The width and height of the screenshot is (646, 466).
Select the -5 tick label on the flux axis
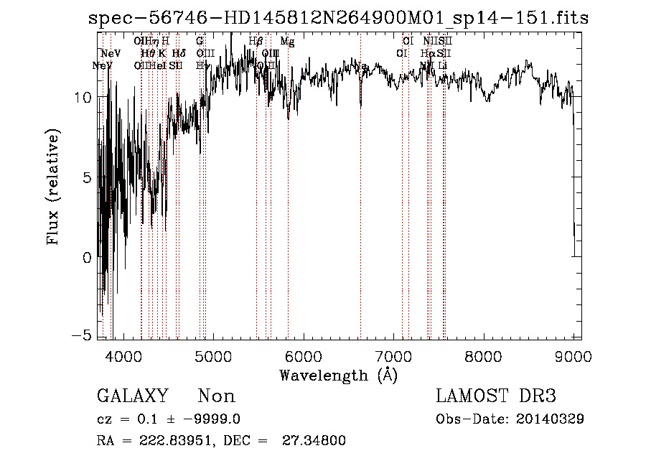pos(85,335)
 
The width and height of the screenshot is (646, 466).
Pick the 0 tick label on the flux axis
pos(87,257)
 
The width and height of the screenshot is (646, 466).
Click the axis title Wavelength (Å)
pos(338,375)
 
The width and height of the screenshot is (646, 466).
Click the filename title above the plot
pos(338,19)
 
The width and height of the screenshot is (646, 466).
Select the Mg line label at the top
pos(287,42)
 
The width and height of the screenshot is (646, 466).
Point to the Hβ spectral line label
pos(256,42)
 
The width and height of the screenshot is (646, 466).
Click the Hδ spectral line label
pos(179,53)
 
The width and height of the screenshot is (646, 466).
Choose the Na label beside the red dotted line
pos(363,67)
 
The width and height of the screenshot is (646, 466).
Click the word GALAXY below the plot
pos(132,396)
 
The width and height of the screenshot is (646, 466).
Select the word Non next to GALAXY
pos(216,396)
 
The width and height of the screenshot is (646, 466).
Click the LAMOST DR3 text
pos(496,396)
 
